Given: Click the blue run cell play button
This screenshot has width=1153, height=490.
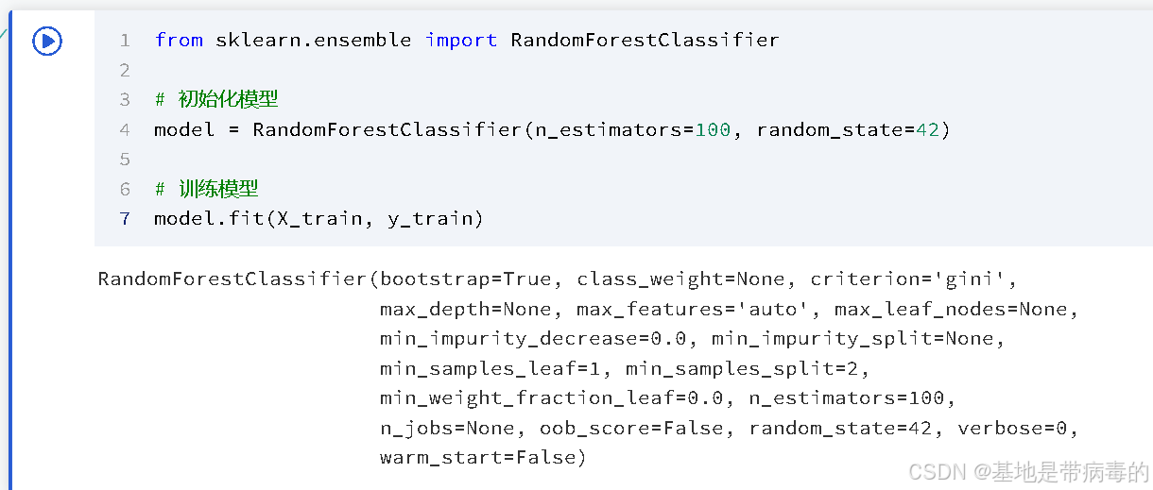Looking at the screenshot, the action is click(x=47, y=41).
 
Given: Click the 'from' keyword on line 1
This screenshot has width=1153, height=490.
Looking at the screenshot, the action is click(x=179, y=40).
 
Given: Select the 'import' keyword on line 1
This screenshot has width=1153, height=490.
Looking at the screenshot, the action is click(x=461, y=40).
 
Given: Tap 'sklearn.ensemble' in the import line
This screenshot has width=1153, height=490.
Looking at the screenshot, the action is click(x=314, y=40).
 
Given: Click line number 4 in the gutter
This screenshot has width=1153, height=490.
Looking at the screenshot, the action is click(x=125, y=129).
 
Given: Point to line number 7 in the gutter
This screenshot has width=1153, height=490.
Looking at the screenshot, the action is click(x=125, y=219).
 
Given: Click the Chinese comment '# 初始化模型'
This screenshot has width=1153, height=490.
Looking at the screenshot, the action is click(x=216, y=99).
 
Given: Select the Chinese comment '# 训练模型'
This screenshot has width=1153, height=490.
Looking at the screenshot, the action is click(x=207, y=189).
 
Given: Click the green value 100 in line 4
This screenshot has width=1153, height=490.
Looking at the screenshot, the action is click(x=714, y=129).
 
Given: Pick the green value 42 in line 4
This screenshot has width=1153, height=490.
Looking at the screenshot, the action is click(x=927, y=129).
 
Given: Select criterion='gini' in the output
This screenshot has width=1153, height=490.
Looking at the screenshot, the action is click(x=909, y=279).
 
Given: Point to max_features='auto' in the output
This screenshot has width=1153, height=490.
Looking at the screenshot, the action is click(x=675, y=310).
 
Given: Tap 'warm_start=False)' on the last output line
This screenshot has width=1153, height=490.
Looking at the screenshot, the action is click(x=483, y=458).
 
